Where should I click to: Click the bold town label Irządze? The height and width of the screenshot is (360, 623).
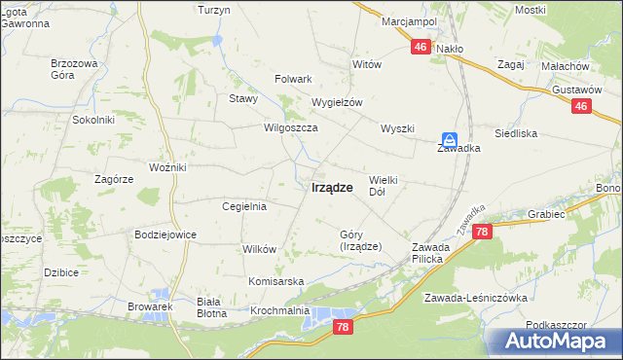point(332,188)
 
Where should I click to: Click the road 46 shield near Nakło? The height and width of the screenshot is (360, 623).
point(421,46)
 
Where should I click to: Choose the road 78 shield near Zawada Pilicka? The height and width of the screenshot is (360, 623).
point(483,232)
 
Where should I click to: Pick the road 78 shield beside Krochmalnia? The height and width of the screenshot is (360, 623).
point(341,328)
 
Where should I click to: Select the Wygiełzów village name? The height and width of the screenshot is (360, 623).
point(337,102)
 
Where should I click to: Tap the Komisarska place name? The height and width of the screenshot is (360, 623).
point(275,281)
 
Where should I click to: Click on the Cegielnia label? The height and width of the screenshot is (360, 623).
point(244,206)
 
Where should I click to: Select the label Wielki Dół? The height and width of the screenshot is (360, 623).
point(385,186)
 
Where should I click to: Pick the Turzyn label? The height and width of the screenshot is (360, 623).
point(213,10)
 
